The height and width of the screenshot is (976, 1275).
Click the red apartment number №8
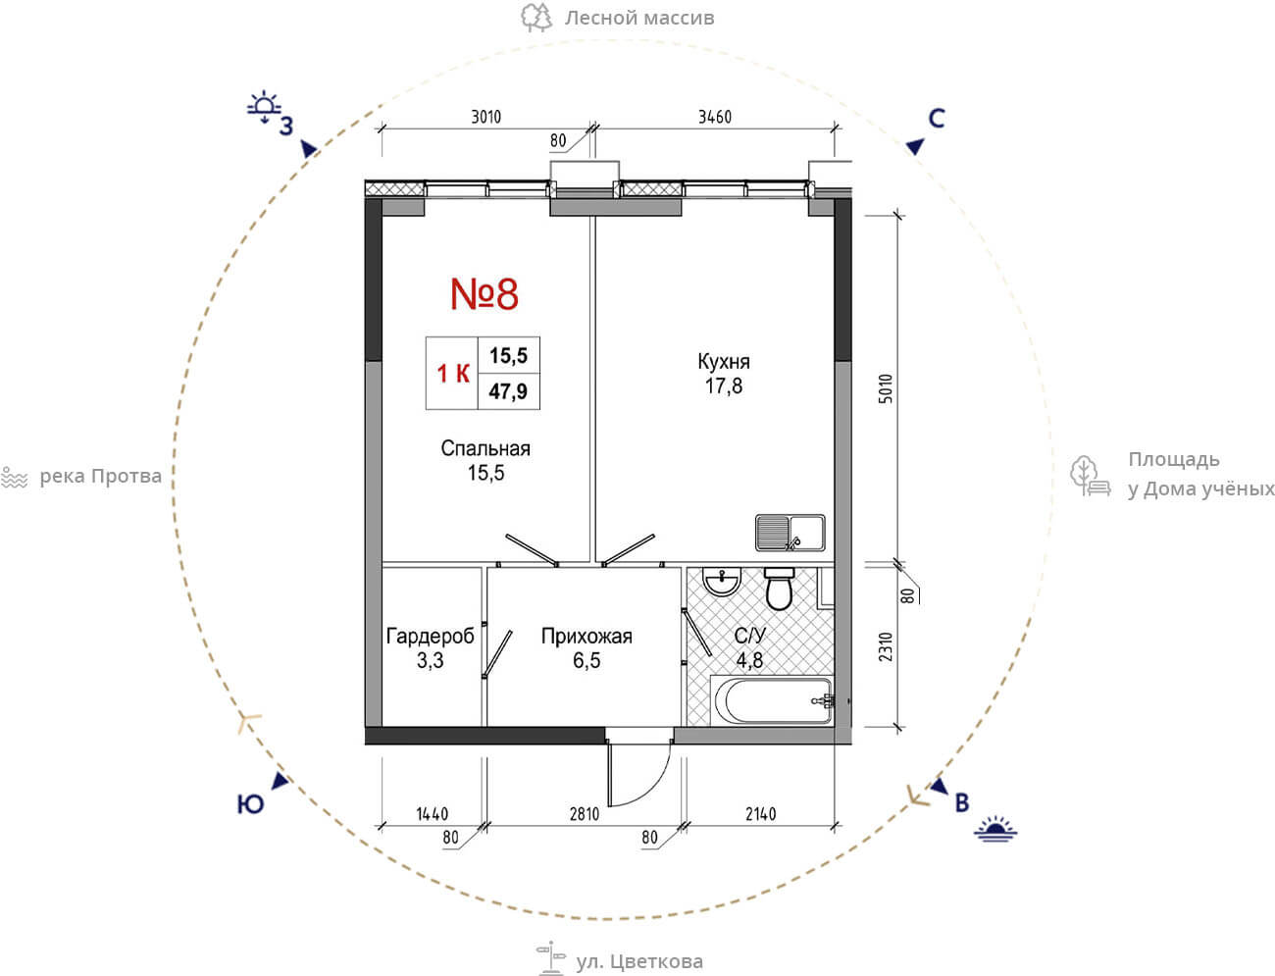tap(484, 294)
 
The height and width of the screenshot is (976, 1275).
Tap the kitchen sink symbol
tap(790, 533)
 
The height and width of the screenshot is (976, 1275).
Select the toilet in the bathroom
tap(779, 589)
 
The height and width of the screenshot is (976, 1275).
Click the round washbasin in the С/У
tap(722, 582)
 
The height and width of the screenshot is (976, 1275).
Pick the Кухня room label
tap(724, 362)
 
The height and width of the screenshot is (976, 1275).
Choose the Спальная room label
tap(485, 448)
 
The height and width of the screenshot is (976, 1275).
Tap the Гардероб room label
tap(430, 637)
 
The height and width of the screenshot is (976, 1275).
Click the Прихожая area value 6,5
tap(586, 660)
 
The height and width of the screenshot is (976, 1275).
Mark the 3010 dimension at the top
tap(485, 117)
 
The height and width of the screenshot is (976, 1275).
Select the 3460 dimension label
tap(714, 117)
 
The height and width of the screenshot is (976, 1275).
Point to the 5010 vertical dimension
tap(886, 388)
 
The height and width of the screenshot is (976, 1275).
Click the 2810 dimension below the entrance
tap(585, 814)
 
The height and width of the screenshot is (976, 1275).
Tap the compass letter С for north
tap(937, 119)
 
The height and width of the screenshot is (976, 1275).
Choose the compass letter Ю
tap(250, 804)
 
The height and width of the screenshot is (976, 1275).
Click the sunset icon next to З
tap(264, 108)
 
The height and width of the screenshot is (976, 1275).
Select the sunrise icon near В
tap(995, 829)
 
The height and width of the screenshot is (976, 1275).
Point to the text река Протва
tap(100, 477)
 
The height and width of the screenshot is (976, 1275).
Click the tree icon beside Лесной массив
tap(536, 18)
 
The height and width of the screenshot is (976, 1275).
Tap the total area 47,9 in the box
tap(508, 391)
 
